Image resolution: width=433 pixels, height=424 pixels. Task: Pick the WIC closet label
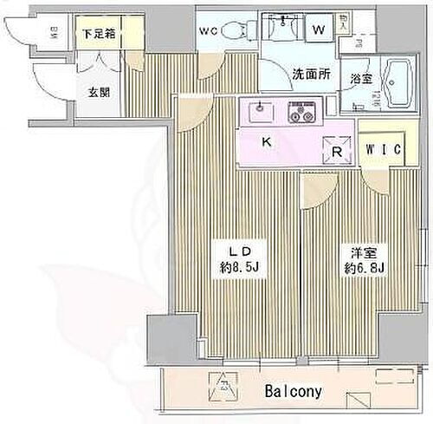[382, 150]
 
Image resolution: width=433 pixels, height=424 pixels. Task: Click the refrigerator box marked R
[338, 149]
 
